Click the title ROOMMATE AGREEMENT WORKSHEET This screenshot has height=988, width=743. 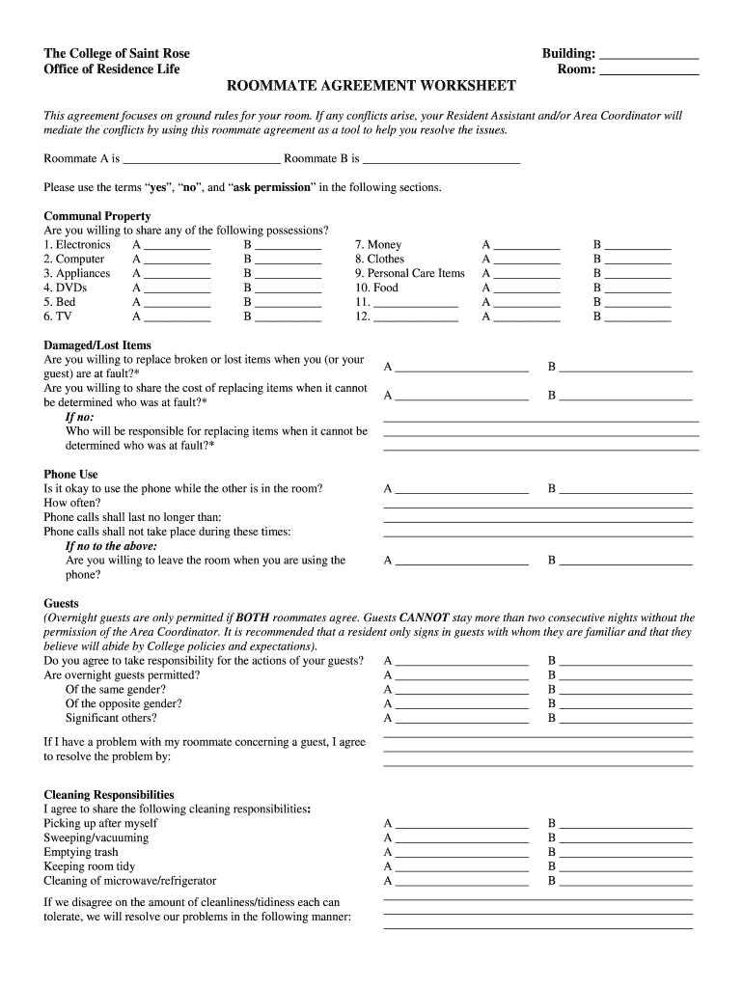371,86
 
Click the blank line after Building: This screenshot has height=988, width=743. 648,56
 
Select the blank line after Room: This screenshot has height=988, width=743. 648,71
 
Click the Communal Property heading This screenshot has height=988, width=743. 97,216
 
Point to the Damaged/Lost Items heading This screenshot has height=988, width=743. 97,345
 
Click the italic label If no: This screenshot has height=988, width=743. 79,417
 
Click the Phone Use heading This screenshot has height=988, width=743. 71,474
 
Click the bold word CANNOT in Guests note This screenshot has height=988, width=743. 424,617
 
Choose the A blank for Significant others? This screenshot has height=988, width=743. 461,720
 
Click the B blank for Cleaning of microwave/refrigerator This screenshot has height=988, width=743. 625,883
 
